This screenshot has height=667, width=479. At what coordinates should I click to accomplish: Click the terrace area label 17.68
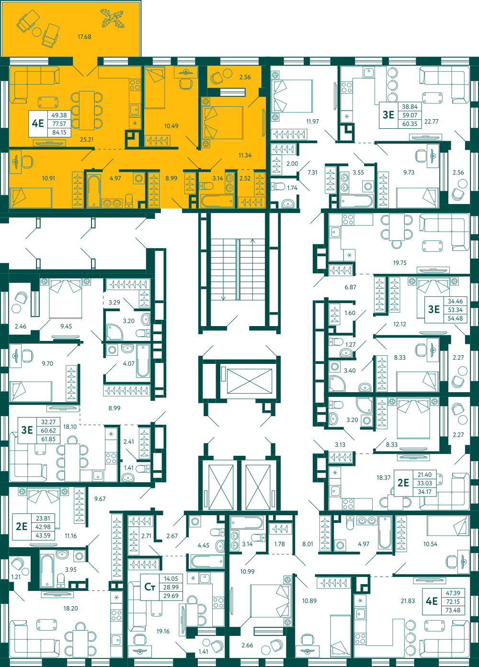84,37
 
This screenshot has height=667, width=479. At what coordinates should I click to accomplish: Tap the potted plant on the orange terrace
112,19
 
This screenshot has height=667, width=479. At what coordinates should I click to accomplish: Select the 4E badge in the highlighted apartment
38,123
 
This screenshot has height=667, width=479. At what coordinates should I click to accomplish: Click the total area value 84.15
59,133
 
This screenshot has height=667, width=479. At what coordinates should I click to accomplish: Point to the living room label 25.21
87,139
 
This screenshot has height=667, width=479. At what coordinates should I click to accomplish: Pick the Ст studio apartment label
150,587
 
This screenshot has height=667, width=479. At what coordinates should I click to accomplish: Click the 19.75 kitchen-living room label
399,263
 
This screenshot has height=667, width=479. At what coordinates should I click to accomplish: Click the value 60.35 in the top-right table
410,124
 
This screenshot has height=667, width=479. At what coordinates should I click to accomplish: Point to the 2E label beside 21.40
403,483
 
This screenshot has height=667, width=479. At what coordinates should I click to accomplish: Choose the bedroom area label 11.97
312,122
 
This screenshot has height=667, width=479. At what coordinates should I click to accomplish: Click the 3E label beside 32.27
27,430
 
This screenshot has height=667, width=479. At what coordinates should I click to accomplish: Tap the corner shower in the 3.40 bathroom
337,383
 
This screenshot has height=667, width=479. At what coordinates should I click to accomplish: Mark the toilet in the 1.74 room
278,187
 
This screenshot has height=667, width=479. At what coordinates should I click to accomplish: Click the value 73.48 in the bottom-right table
453,610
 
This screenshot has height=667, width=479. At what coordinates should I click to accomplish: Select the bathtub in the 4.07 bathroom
143,361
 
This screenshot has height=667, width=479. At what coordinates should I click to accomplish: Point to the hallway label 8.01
308,544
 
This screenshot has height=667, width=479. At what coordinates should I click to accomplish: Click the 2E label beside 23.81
22,526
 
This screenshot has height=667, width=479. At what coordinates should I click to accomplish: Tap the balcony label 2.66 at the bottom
247,645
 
